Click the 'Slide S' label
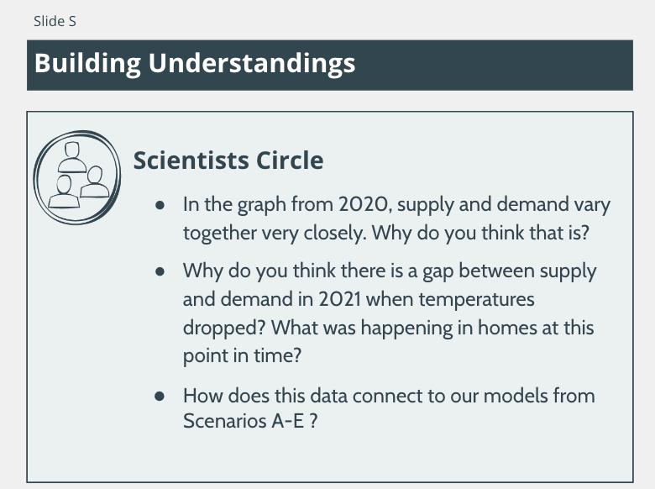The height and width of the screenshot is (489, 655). point(55,21)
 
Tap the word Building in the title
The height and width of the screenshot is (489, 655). point(87,64)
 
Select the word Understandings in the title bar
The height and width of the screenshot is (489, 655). point(252,64)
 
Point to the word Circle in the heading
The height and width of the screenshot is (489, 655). point(290,160)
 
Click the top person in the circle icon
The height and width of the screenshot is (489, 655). point(72,157)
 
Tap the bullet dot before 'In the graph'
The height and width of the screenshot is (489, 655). point(160,205)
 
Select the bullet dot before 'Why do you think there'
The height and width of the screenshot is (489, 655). point(160,271)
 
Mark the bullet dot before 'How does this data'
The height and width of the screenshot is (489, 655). point(160,396)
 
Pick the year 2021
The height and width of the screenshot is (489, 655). point(339,299)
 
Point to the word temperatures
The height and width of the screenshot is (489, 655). point(477,300)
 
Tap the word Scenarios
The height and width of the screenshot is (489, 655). point(225,420)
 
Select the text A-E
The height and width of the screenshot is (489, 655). point(288,420)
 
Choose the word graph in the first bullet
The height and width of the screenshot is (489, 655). point(262,206)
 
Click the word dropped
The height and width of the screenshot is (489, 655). point(224,329)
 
